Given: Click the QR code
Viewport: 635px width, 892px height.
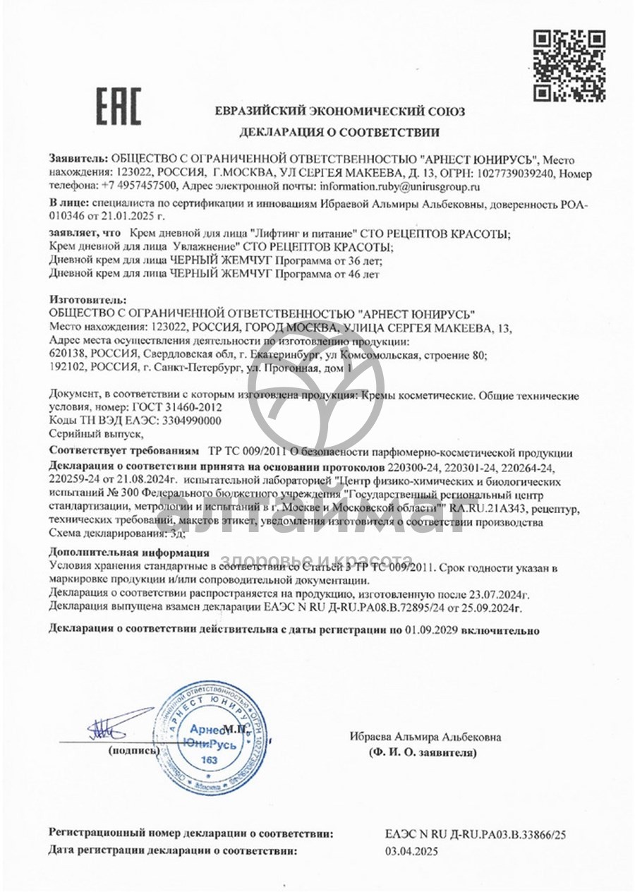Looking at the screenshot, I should tap(569, 65).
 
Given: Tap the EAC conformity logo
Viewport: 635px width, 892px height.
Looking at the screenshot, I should tap(118, 106).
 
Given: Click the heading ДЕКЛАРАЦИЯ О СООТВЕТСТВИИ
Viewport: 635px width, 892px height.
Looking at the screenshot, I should tap(339, 131).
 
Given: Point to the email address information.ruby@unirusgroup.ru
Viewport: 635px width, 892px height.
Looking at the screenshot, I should tap(399, 186).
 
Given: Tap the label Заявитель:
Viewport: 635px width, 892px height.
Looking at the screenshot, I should tap(78, 159).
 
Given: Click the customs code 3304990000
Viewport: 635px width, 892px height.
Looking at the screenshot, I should tap(192, 421).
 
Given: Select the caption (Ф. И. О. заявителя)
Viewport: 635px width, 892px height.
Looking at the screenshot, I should tap(423, 753).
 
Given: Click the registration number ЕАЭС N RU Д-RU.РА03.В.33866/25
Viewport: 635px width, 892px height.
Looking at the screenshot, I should tap(476, 833).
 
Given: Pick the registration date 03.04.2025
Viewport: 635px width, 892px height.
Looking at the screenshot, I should tap(411, 851).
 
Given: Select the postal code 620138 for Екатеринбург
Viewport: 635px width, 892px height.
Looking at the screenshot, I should tap(67, 354).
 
